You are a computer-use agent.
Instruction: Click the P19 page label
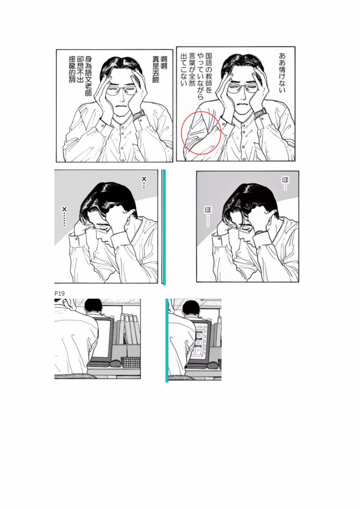pos(60,293)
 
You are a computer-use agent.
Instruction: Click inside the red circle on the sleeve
pos(201,133)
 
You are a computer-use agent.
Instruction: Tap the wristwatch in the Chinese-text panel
pos(139,114)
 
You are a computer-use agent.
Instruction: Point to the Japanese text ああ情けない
pos(282,73)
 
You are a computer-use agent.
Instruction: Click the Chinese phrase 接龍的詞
pos(72,69)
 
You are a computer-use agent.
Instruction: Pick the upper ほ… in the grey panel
pos(285,183)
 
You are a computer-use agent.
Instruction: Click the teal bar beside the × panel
pos(164,227)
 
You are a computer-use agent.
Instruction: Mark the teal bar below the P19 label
pos(167,341)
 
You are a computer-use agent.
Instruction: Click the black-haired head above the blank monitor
pos(93,306)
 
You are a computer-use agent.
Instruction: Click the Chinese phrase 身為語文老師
pos(88,76)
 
